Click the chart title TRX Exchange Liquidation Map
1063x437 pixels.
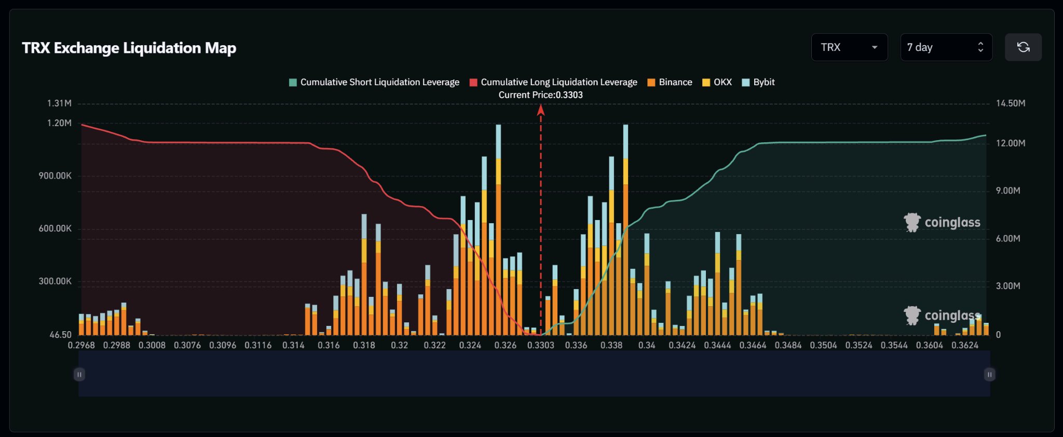tap(129, 48)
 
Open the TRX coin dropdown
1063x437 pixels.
tap(849, 47)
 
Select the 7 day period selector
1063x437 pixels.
tap(946, 47)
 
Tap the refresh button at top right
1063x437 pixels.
tap(1023, 47)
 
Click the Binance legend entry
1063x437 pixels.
tap(670, 82)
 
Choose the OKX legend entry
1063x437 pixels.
tap(717, 82)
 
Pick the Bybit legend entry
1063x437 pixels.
tap(758, 82)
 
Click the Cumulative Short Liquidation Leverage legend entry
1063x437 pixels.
tap(374, 82)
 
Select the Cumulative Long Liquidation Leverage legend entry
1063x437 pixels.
tap(553, 82)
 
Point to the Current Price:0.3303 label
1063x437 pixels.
tap(540, 95)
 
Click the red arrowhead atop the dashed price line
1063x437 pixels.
tap(540, 109)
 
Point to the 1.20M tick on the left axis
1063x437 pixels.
tap(59, 123)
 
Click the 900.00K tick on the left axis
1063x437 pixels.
tap(55, 176)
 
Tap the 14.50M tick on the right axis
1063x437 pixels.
tap(1011, 103)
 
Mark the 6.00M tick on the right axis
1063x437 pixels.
tap(1008, 238)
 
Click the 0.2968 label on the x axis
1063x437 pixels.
tap(81, 345)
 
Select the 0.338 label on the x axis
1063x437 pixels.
tap(611, 345)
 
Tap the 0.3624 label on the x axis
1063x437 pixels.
tap(965, 345)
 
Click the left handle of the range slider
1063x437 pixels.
tap(79, 374)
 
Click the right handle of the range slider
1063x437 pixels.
tap(989, 374)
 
